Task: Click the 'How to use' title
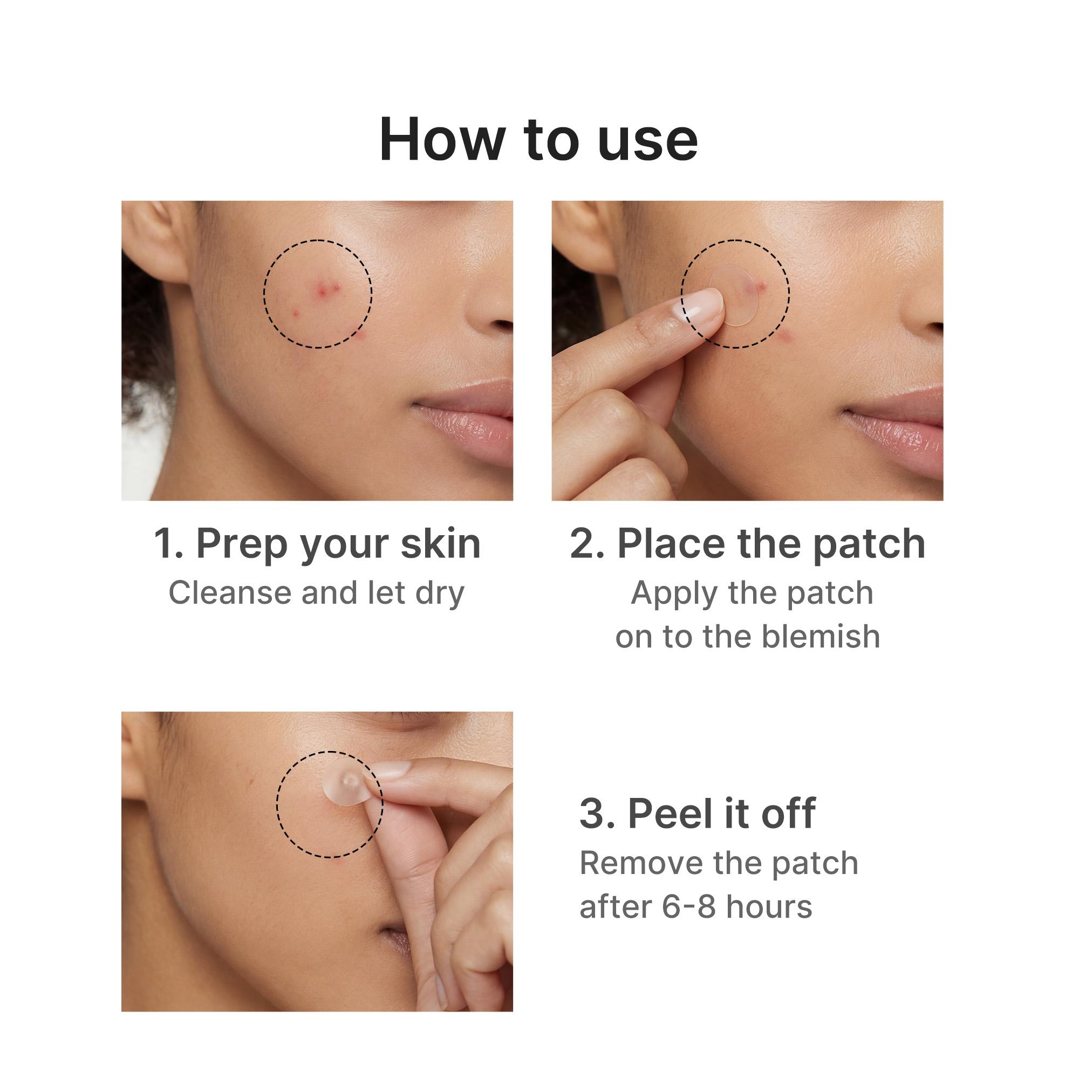click(538, 140)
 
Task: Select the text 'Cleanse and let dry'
click(316, 592)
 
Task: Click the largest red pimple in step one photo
click(322, 288)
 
